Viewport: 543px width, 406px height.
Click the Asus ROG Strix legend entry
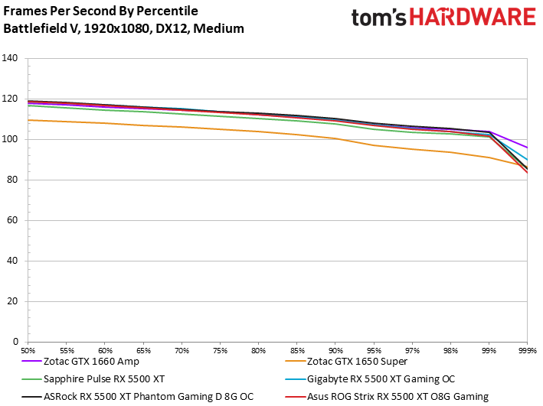[396, 395]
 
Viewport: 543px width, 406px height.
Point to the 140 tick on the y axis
[11, 59]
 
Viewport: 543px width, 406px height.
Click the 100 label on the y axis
[11, 140]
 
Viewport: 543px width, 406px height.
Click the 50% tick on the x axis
[29, 349]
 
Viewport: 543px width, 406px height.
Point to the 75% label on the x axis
[221, 349]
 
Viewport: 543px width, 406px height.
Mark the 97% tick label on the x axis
[412, 349]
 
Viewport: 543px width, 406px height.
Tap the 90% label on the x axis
[335, 349]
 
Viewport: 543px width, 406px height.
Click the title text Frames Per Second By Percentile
[100, 11]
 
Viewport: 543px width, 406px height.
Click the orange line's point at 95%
[374, 145]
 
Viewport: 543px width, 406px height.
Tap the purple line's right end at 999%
[527, 148]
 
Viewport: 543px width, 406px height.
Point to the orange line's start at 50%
[29, 120]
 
